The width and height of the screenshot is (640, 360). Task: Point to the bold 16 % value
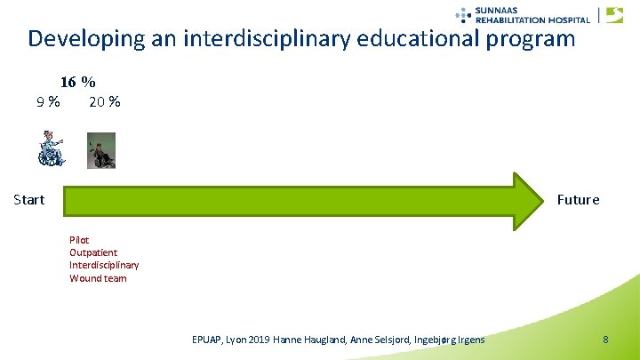[78, 82]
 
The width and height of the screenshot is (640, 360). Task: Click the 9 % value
[48, 101]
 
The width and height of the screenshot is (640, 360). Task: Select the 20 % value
[105, 101]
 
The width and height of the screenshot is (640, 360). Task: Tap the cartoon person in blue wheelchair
[51, 149]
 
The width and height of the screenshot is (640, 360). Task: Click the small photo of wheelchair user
[101, 151]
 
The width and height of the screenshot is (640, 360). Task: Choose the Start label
[29, 199]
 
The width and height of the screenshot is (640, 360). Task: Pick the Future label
[578, 199]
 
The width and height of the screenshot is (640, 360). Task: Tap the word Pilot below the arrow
[80, 240]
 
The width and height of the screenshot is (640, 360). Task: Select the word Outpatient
[93, 252]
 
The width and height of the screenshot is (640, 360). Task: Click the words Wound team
[98, 278]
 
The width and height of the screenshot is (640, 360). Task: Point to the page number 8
[605, 340]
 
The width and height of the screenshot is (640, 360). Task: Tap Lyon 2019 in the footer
[260, 340]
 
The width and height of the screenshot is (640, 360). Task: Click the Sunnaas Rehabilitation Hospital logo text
[532, 14]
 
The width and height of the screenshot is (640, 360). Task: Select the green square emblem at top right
[614, 14]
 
